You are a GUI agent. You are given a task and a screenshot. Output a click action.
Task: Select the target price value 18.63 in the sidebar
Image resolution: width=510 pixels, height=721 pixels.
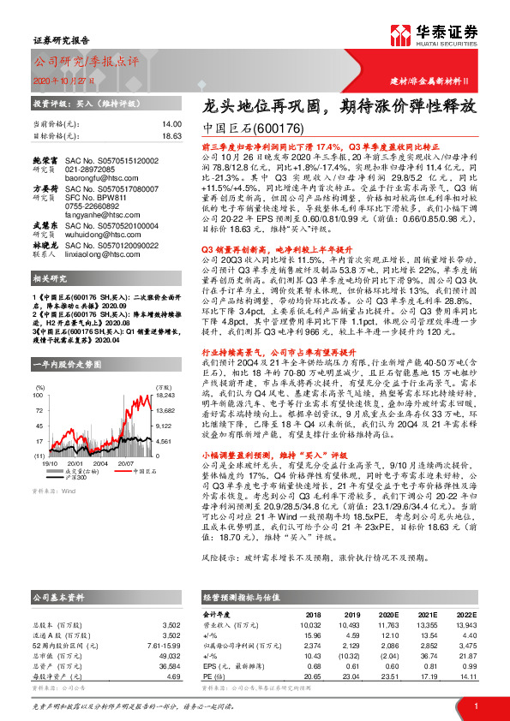(x=171, y=135)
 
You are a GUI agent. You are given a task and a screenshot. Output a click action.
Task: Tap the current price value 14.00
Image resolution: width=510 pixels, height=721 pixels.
(x=172, y=124)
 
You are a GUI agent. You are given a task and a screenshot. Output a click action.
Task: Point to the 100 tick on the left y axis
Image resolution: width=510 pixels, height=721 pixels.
(x=39, y=372)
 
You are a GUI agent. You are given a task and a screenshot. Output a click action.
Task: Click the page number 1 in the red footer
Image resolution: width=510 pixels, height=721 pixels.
(x=475, y=706)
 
